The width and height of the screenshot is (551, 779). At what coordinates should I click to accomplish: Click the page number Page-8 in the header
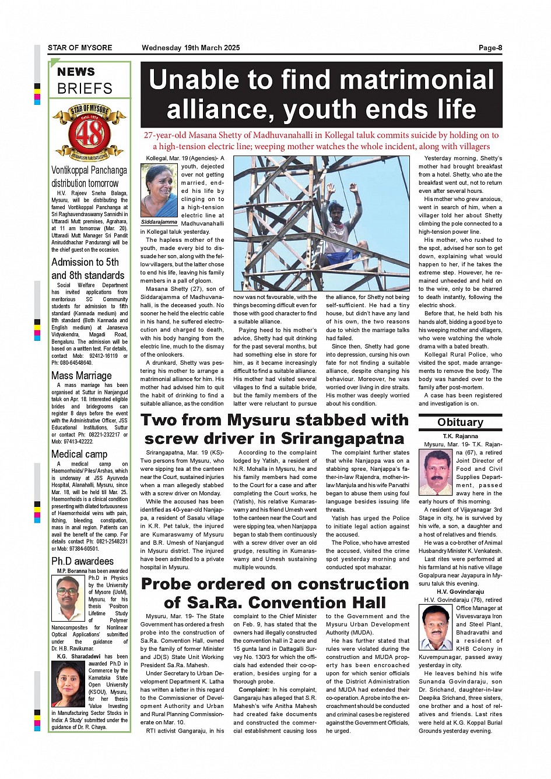coord(490,48)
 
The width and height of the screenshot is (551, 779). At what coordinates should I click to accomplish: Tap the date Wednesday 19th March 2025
coord(191,48)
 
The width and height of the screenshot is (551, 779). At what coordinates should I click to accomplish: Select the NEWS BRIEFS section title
coord(85,80)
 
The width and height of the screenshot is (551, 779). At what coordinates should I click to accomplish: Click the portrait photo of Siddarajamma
coord(159,190)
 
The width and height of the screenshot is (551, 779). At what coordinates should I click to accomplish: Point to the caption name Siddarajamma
coord(159,222)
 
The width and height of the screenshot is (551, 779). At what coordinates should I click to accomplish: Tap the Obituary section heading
coord(460,422)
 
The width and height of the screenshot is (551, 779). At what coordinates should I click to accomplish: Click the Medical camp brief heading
coord(79,454)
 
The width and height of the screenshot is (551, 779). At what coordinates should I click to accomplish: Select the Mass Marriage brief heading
coord(81,376)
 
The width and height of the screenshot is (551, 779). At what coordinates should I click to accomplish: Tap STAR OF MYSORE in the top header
coord(80,48)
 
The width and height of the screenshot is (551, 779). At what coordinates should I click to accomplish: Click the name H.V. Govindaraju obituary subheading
coord(460,591)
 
